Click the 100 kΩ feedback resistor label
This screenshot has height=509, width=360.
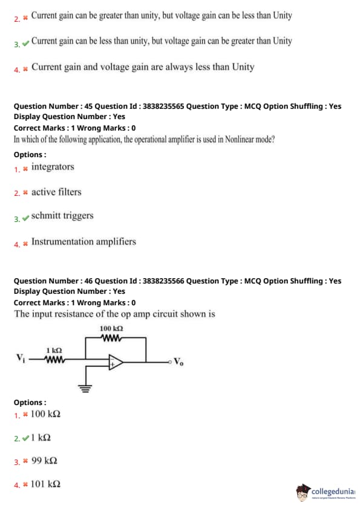point(111,328)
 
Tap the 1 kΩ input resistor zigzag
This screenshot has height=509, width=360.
point(54,360)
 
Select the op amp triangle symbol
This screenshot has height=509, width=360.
point(116,362)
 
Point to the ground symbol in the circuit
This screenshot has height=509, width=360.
point(85,388)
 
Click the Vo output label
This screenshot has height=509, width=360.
point(178,361)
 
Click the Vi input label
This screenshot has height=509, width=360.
point(20,358)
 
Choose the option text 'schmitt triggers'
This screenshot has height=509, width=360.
point(62,216)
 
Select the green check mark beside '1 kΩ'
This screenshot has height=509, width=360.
point(25,438)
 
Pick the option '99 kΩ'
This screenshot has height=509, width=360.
point(44,461)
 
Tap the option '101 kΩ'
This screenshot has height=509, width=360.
point(45,484)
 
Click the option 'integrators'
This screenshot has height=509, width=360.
point(53,167)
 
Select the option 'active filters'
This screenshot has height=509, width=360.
point(56,192)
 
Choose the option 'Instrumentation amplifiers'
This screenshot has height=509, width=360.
point(83,242)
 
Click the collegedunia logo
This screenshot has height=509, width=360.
point(326,492)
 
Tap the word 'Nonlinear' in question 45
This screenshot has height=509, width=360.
point(239,139)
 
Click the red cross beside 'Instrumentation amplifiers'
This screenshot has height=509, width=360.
point(25,244)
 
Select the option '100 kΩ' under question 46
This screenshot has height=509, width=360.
point(45,414)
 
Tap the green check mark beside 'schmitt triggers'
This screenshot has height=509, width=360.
point(25,218)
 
